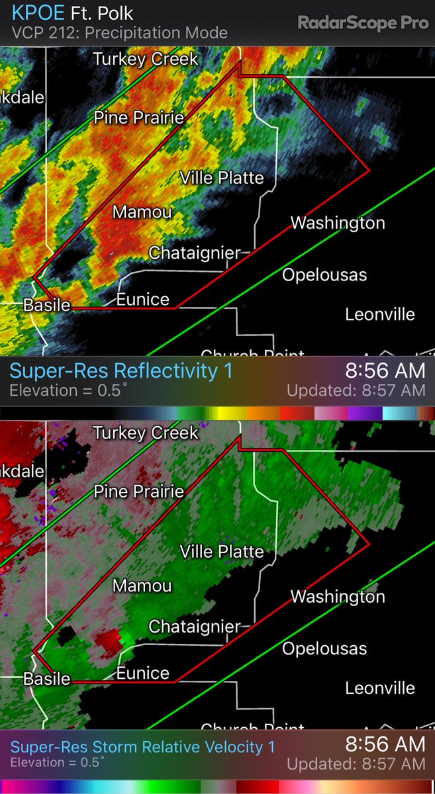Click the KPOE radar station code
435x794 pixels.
[38, 13]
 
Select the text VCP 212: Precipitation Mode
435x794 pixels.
[120, 32]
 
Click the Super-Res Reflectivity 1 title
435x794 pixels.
[121, 371]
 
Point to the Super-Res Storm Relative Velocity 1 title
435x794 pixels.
[142, 747]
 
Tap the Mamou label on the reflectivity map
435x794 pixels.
[142, 212]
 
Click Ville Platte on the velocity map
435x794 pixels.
[222, 551]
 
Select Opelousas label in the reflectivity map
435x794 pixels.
[324, 275]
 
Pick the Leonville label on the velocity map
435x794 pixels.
[380, 688]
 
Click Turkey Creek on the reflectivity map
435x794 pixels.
[146, 59]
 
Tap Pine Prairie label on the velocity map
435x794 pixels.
[138, 492]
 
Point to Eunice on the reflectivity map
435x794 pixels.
[143, 300]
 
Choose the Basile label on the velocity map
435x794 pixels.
[46, 679]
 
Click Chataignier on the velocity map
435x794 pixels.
[195, 626]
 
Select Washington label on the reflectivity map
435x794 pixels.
[338, 223]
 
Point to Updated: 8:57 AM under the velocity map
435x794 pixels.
[356, 764]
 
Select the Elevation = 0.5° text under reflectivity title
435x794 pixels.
[65, 390]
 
